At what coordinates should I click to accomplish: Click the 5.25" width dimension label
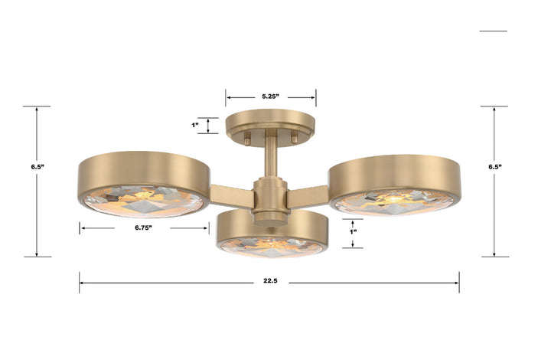click(x=270, y=97)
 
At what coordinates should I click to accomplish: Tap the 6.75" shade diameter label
click(x=142, y=227)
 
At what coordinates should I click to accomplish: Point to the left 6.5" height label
click(x=37, y=165)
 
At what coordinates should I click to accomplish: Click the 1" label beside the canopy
click(x=194, y=125)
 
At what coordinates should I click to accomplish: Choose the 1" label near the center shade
click(x=353, y=231)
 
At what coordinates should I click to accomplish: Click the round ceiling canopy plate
click(x=270, y=123)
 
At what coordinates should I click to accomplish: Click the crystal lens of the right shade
click(x=394, y=201)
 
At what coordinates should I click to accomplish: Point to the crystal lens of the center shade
click(x=272, y=246)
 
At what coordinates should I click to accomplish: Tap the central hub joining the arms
click(x=269, y=197)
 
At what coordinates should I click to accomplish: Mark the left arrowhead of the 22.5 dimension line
click(x=82, y=283)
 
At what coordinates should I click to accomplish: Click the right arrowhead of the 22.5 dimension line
click(x=457, y=283)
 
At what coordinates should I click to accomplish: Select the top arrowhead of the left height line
click(x=37, y=110)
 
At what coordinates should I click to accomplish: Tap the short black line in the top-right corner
click(x=493, y=31)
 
